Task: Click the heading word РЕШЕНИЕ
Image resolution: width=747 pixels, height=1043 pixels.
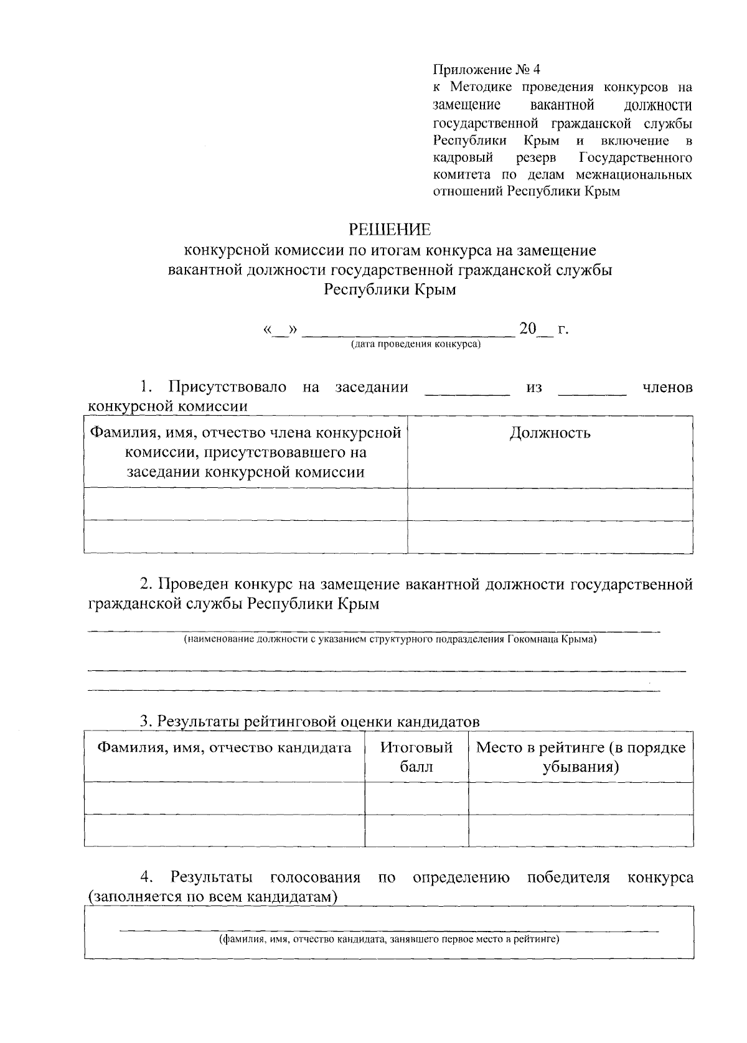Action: coord(390,230)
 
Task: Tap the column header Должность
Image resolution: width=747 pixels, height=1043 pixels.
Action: coord(550,433)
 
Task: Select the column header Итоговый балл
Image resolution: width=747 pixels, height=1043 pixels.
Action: coord(416,756)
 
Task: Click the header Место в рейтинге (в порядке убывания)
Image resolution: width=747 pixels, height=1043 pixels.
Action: coord(580,756)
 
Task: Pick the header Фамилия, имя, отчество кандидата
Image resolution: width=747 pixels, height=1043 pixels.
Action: coord(224,747)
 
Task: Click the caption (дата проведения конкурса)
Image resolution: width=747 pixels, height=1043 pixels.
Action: coord(415,344)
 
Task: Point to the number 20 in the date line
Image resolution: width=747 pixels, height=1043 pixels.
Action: coord(527,328)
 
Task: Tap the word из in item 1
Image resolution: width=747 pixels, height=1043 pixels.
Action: coord(533,387)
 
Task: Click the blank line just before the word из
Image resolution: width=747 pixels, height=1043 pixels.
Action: coord(466,392)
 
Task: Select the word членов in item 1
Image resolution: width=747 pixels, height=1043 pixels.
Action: coord(667,387)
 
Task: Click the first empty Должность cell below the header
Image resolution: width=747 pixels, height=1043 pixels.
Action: coord(550,504)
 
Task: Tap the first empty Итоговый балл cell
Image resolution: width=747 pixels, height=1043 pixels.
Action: coord(416,798)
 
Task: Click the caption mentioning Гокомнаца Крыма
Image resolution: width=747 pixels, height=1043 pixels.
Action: coord(390,639)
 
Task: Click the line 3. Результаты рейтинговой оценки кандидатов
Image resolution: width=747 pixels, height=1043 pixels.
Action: coord(309,721)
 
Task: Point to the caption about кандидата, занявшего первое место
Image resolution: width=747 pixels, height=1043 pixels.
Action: coord(388,939)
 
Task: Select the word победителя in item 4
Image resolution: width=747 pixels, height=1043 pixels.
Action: coord(568,877)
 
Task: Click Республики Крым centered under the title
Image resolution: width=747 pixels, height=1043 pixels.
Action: coord(390,289)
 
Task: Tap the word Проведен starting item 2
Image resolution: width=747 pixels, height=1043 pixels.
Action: coord(194,584)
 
